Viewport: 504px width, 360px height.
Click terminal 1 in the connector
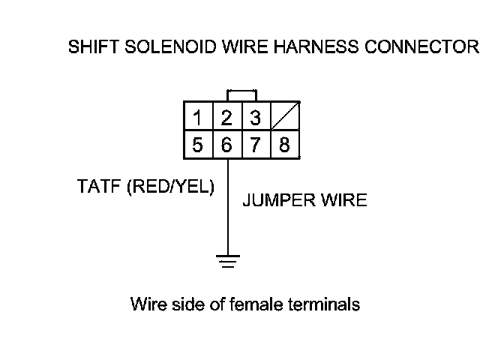tap(197, 118)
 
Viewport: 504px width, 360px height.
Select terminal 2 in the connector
tap(226, 118)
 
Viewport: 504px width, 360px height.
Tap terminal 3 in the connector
tap(255, 118)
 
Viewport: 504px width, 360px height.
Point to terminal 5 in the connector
tap(197, 145)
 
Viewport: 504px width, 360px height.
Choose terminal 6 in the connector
tap(226, 145)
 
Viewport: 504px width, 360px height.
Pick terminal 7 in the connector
tap(255, 145)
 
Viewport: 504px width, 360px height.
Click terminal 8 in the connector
tap(284, 145)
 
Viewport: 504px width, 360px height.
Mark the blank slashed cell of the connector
tap(284, 118)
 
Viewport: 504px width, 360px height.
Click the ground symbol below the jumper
tap(227, 262)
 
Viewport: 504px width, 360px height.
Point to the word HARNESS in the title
tap(307, 48)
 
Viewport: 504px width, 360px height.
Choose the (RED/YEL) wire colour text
tap(170, 187)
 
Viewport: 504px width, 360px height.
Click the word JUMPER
tap(272, 201)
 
